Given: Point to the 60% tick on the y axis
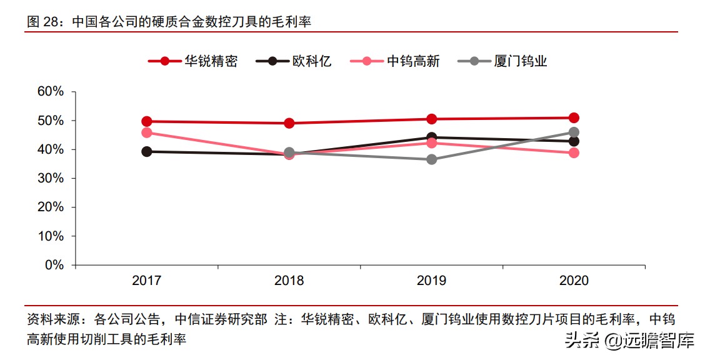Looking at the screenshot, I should pos(51,91).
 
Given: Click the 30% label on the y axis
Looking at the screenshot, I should pos(51,178).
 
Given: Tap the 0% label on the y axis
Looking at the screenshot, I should pos(54,265).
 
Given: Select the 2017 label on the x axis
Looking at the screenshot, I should pos(146,281).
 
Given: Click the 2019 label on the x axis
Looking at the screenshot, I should pos(431,281).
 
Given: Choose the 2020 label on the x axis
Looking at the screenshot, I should pos(574,281).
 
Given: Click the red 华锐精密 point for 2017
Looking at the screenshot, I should pos(147,121).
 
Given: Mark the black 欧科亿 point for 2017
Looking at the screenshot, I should pos(147,151).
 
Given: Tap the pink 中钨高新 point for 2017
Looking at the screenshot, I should pos(147,132).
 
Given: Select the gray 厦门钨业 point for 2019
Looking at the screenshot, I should pos(431,159).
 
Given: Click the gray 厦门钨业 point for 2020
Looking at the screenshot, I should pos(574,132).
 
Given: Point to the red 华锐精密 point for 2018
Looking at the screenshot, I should pos(289,123).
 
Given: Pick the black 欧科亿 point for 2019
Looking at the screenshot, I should pos(431,137).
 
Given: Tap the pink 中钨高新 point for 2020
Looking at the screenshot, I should pos(574,152).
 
